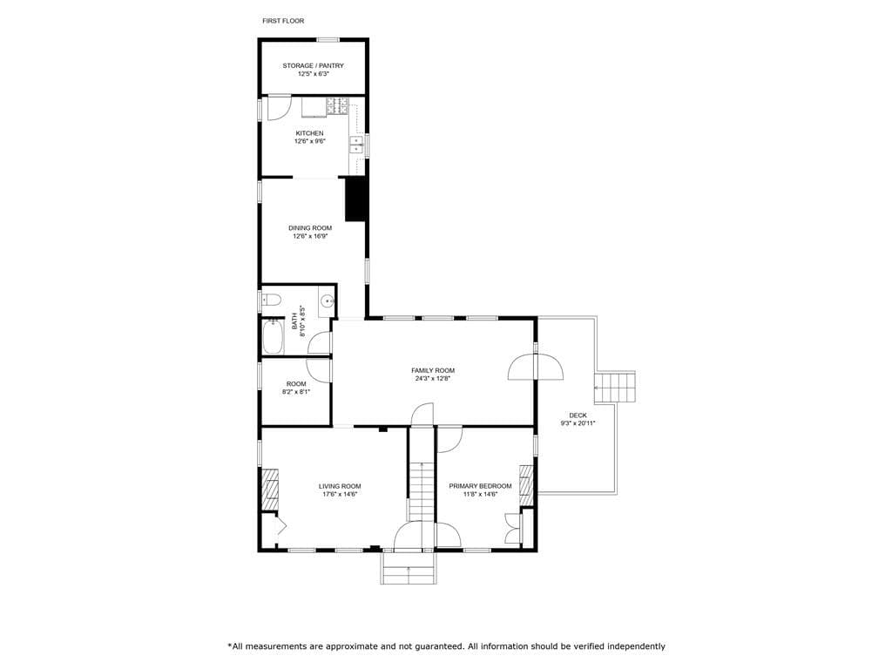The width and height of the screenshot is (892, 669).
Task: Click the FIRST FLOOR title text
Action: click(x=283, y=21)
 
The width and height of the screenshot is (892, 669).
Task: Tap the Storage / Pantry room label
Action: click(x=314, y=66)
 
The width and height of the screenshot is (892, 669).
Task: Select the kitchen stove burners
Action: click(x=337, y=105)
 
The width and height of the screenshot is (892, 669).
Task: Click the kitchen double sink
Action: click(x=356, y=145)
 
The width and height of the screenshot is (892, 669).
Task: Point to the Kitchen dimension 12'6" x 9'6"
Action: click(x=309, y=141)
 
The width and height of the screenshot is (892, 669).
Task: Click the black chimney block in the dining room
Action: click(x=356, y=199)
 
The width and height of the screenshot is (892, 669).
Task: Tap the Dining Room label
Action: click(x=310, y=228)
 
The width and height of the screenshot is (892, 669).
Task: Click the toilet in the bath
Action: click(x=271, y=300)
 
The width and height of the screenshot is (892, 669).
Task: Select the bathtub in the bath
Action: click(x=273, y=337)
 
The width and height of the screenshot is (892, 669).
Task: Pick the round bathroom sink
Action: click(x=327, y=301)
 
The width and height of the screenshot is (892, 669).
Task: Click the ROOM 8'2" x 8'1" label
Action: click(x=296, y=388)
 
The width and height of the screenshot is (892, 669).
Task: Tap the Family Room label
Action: click(x=433, y=371)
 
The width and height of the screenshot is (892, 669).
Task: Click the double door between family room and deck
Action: click(x=536, y=367)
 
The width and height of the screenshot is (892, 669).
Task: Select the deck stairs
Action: click(x=615, y=388)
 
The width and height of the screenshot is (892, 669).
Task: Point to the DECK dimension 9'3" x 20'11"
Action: click(x=578, y=423)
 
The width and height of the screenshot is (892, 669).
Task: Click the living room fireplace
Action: click(x=271, y=490)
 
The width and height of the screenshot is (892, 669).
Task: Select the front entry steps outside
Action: click(x=409, y=568)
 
